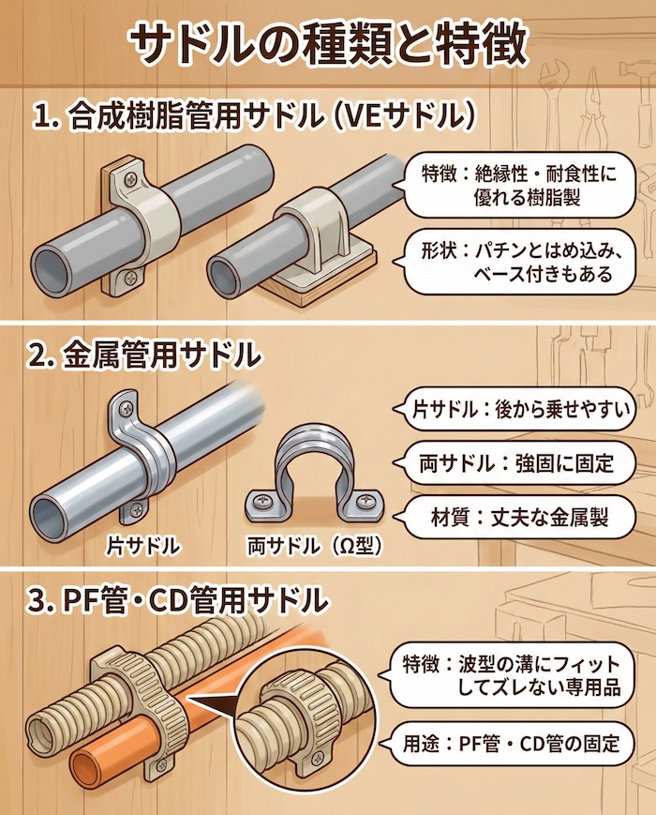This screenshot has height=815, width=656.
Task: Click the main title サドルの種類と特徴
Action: [x=327, y=42]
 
